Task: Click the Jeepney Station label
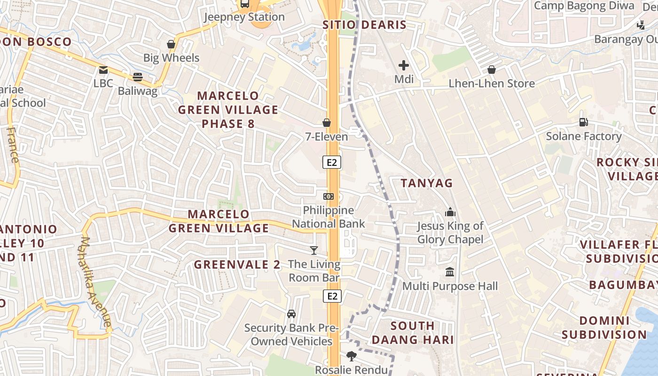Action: (244, 17)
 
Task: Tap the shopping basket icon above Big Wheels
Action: (171, 44)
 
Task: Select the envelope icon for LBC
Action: (103, 70)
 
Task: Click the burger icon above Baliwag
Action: (138, 77)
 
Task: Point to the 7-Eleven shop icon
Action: (327, 123)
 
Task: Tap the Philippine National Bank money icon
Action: (329, 196)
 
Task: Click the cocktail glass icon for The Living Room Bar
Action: (314, 251)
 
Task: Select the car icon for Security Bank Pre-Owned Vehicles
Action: (291, 313)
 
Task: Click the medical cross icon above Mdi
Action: (404, 65)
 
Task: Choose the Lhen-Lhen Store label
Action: (492, 84)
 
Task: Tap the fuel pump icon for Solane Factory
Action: (584, 122)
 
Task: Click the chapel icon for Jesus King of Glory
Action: (450, 212)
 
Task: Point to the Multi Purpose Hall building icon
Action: (450, 272)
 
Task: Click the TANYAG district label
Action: (427, 183)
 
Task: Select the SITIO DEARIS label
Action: (364, 25)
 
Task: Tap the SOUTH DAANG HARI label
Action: (413, 332)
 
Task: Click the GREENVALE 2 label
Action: (237, 265)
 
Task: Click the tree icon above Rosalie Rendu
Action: (351, 356)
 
